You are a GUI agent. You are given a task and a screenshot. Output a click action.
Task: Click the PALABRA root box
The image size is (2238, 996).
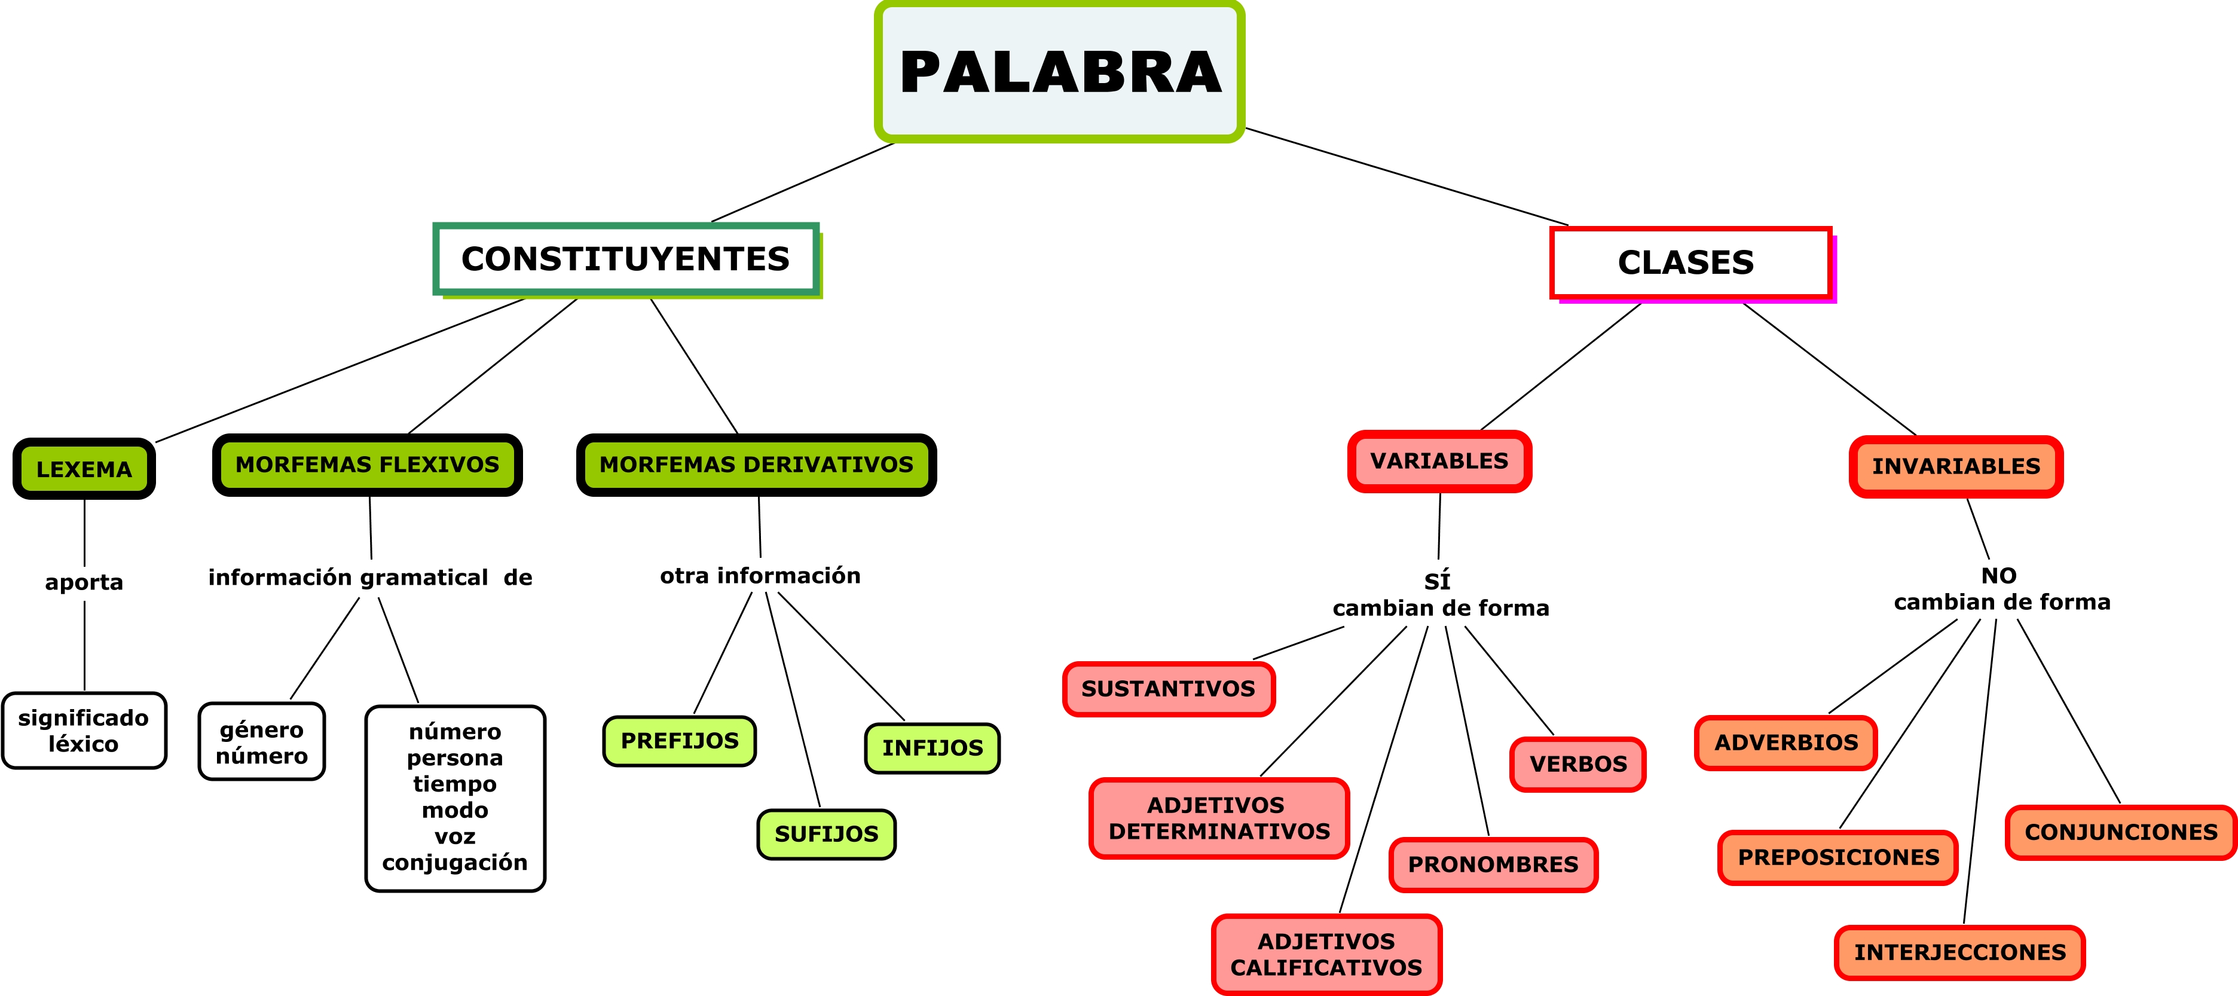pos(1060,71)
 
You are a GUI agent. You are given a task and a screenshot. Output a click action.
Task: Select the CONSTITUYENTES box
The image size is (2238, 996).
pos(625,259)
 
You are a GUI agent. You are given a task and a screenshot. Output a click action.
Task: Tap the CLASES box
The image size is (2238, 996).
pos(1690,262)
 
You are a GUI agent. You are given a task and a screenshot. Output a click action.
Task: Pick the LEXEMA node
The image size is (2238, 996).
pos(84,469)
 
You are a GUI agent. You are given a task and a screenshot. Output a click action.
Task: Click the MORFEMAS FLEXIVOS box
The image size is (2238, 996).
pos(368,465)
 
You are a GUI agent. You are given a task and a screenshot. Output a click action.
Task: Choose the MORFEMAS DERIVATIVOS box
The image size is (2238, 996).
pos(756,465)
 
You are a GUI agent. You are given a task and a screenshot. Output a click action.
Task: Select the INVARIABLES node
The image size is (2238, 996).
pos(1956,467)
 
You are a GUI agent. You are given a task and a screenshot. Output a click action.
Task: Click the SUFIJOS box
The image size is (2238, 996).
pos(826,835)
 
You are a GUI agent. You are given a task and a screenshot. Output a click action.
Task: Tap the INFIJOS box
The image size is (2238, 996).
pos(932,748)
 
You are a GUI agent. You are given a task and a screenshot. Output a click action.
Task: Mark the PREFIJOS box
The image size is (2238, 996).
pos(680,741)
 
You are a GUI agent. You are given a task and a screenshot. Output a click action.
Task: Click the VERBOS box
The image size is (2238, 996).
pos(1577,765)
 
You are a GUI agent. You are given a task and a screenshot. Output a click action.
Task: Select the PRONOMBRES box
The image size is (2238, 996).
pos(1493,864)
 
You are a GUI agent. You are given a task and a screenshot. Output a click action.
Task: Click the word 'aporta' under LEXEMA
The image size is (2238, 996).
pos(84,582)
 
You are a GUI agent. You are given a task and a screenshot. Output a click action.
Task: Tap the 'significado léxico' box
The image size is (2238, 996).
pos(84,731)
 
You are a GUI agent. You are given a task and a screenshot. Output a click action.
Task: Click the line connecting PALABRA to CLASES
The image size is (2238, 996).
pos(1408,178)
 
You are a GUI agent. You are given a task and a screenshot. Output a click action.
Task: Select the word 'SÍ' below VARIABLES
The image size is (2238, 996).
pos(1437,581)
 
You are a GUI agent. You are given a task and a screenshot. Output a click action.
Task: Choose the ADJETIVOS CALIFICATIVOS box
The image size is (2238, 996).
pos(1326,954)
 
